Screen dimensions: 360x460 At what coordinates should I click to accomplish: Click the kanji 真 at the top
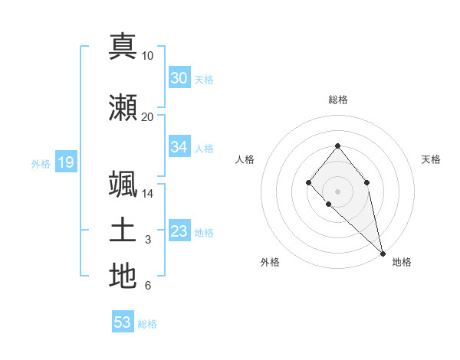point(123,46)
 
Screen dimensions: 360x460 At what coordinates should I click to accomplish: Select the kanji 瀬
point(123,108)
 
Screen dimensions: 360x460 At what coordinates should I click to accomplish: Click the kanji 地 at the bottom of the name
point(123,276)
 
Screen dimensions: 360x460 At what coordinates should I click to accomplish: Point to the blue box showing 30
point(179,77)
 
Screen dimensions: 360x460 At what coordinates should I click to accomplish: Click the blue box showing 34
point(179,147)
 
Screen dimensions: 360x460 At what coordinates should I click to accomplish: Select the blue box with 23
point(179,231)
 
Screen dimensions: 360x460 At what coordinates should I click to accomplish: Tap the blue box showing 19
point(65,162)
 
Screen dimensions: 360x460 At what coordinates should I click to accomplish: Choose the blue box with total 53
point(123,322)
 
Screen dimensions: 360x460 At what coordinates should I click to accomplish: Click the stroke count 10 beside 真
point(148,56)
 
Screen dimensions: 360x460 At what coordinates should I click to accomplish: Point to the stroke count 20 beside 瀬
point(148,117)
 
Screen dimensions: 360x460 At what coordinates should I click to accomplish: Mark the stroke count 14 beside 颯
point(148,194)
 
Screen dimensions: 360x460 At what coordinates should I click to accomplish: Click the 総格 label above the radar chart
point(337,100)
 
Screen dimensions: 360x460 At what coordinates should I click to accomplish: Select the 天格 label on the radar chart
point(431,159)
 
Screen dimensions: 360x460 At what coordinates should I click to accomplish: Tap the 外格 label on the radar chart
point(270,263)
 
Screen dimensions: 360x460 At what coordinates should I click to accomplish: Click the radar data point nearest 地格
point(383,254)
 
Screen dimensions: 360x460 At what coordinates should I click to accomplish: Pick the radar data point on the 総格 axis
point(337,146)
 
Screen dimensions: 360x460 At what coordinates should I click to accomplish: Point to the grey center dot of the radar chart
point(337,191)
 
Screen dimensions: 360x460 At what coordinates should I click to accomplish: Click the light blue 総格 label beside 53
point(147,324)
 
